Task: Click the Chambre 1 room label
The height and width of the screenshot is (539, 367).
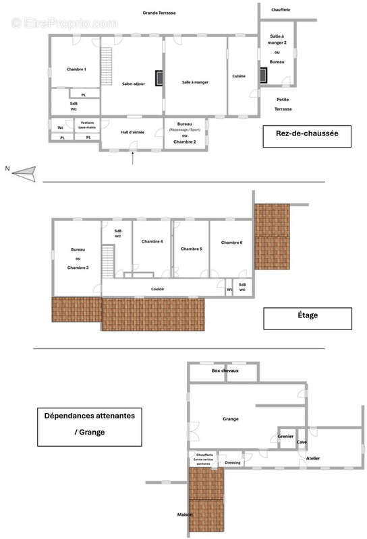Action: point(76,70)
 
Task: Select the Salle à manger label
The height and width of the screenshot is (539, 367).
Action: point(195,82)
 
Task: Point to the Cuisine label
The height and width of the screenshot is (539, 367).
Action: point(239,76)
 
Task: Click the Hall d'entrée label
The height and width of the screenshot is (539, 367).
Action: point(132,132)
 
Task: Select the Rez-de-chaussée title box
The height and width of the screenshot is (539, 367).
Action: point(307,134)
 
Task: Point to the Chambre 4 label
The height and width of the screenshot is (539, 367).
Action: point(152,241)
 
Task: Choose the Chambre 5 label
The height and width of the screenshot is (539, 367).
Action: point(192,249)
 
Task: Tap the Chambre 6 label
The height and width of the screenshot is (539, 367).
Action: point(231,243)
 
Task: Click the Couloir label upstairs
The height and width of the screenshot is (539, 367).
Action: point(157,289)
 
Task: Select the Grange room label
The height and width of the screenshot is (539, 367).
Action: point(231,419)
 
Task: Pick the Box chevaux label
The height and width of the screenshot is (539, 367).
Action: point(225,371)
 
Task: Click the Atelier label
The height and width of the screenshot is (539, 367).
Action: point(313,458)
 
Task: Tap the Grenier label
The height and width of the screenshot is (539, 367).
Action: point(285,437)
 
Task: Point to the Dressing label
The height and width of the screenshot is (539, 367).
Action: point(233,463)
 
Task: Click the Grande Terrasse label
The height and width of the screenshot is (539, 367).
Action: point(159,13)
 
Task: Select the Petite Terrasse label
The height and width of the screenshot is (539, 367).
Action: point(283,104)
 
